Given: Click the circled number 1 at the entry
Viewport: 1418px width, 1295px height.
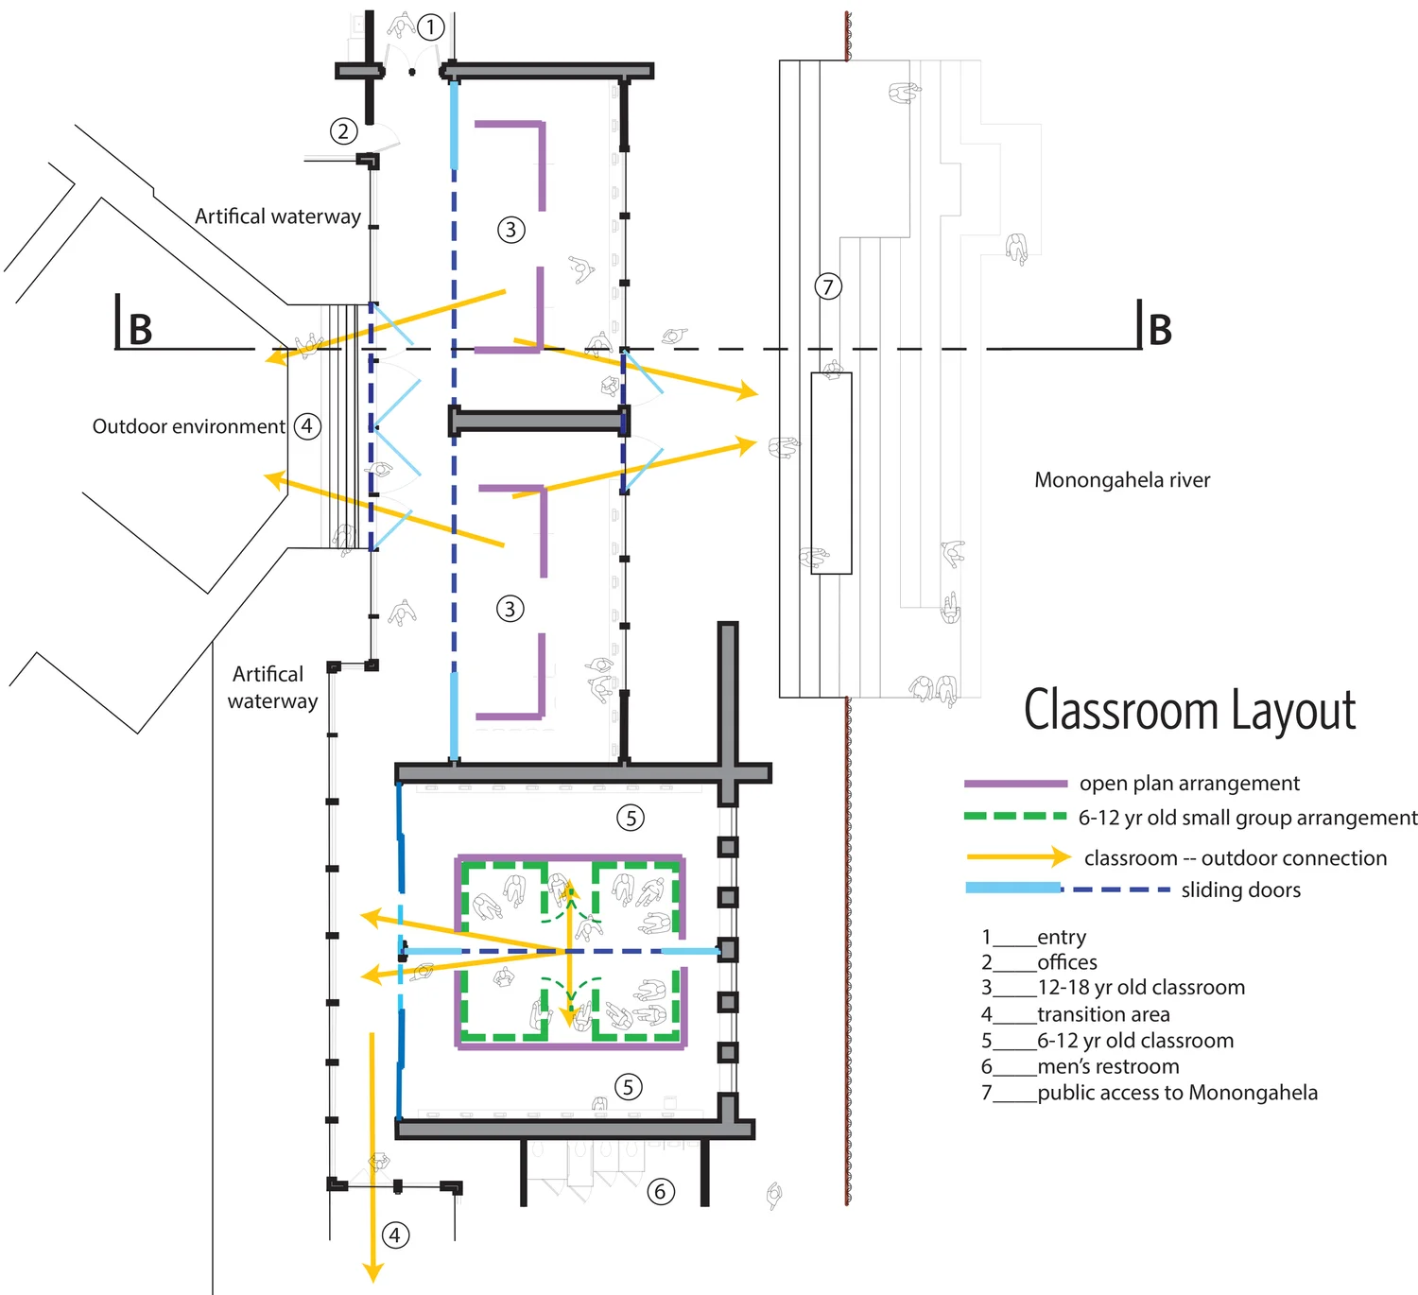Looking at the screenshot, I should click(430, 26).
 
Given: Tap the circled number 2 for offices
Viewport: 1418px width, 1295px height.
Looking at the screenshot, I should click(343, 131).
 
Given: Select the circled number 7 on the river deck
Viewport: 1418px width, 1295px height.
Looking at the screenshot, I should click(828, 286).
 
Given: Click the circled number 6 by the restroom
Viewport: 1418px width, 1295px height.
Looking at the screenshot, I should click(661, 1191).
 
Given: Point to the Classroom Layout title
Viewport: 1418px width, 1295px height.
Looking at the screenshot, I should click(1189, 711).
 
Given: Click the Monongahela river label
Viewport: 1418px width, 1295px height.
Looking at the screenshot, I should click(1122, 480).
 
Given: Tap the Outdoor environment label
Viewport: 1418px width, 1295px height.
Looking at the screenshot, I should click(188, 426).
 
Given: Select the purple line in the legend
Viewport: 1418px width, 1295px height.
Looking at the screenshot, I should click(1015, 784).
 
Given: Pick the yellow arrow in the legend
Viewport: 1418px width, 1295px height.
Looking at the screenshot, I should click(1018, 857).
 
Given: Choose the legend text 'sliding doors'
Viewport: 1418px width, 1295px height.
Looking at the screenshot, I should click(1240, 890).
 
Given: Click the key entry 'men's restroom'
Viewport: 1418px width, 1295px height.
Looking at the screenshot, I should click(1108, 1066).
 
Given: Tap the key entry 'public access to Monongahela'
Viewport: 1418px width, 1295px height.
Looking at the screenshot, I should click(1177, 1093).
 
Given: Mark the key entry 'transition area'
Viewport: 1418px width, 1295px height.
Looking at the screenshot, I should click(1103, 1014).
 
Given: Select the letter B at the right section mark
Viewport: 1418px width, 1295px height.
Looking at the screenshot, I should click(1160, 330).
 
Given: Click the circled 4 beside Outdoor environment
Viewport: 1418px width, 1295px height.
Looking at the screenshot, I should click(307, 426).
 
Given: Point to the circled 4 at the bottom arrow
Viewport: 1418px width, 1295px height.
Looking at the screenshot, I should click(395, 1235).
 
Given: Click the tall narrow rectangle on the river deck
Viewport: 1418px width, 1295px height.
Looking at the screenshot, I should click(831, 473).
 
